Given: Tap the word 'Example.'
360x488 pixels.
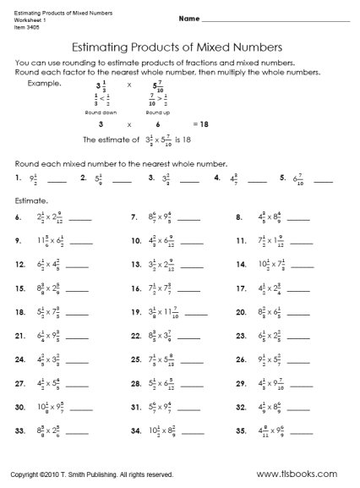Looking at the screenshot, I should click(x=45, y=85).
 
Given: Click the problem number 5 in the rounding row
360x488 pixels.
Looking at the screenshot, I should click(x=282, y=178).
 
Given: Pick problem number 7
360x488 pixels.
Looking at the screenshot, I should click(x=134, y=217).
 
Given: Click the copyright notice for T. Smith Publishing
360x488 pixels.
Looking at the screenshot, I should click(x=92, y=475).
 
